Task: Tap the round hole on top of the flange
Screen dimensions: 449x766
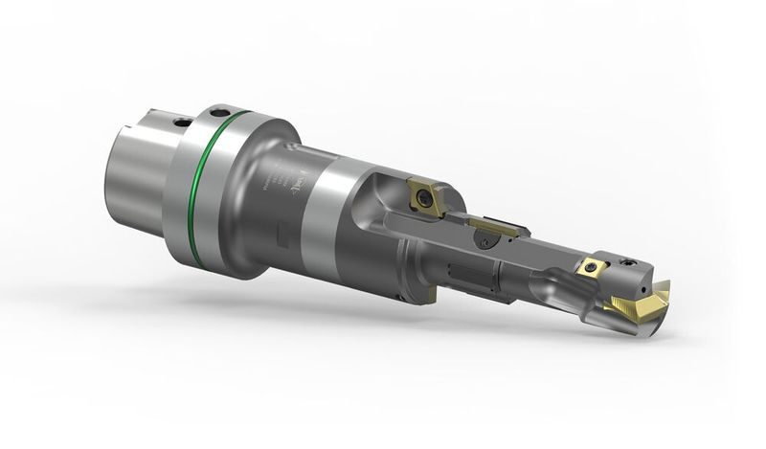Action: pos(223,109)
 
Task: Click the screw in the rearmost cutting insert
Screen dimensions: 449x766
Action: pos(421,197)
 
